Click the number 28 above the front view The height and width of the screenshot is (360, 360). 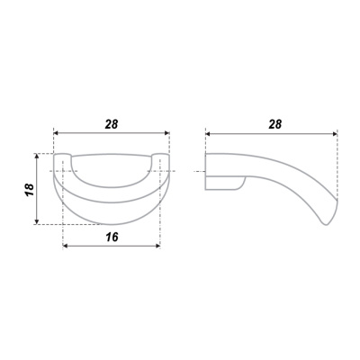click(x=112, y=124)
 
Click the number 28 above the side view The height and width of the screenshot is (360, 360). click(x=275, y=124)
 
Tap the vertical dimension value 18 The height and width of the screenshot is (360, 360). click(x=30, y=190)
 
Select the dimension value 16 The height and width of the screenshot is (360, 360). click(x=112, y=237)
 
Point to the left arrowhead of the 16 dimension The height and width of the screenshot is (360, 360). click(x=66, y=246)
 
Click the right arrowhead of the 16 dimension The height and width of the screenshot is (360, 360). click(x=157, y=246)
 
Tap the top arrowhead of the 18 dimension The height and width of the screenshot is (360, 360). click(x=37, y=156)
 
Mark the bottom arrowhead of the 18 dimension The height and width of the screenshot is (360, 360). click(x=37, y=221)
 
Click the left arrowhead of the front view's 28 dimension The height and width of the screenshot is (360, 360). click(x=57, y=133)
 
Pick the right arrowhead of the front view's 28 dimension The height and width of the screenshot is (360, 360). click(x=166, y=133)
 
